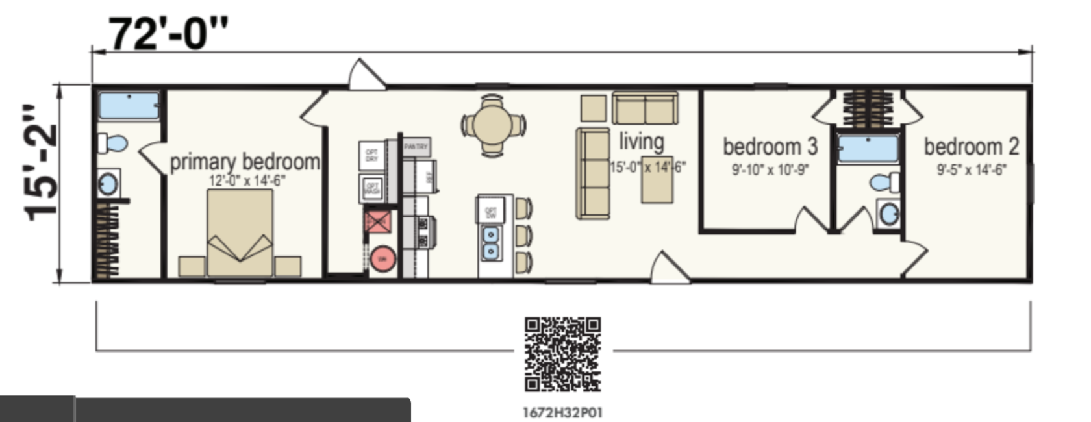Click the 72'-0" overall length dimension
pos(168,34)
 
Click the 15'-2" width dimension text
pos(40,163)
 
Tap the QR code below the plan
pos(562,354)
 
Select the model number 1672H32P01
pos(562,412)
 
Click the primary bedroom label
pos(244,162)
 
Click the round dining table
pos(493,125)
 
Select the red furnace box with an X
pos(377,221)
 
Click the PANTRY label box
pos(416,147)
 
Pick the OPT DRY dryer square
pos(371,155)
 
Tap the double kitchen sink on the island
pos(490,243)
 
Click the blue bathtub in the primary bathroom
pos(129,105)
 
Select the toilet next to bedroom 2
pos(884,182)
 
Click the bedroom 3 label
pos(770,147)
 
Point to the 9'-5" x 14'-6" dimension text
pos(971,170)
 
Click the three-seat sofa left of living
pos(593,173)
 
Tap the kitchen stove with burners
pos(425,232)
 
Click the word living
pos(641,141)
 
